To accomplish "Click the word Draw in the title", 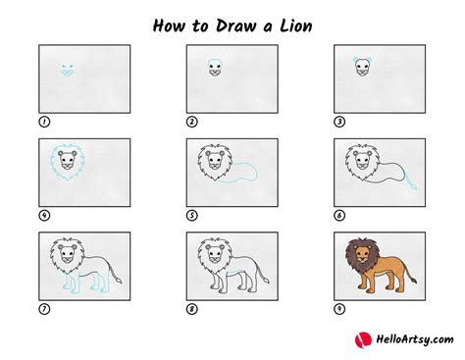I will point(227,24).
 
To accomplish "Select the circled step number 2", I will point(192,122).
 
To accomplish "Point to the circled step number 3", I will point(339,122).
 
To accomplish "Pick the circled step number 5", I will point(192,215).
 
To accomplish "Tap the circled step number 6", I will point(339,215).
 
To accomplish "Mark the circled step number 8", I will point(192,309).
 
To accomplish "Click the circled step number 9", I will point(339,309).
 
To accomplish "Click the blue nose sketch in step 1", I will point(68,70).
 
